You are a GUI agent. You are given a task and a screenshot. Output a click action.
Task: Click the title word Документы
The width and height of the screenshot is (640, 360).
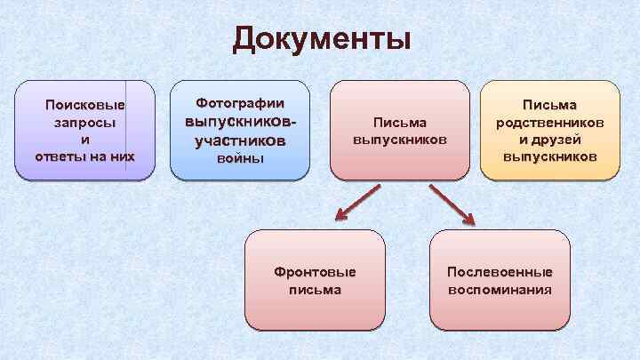click(x=322, y=39)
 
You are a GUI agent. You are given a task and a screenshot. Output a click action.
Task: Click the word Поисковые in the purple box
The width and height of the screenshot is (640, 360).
click(x=85, y=107)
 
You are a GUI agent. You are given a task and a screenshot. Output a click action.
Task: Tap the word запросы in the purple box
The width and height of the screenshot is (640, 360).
click(x=85, y=124)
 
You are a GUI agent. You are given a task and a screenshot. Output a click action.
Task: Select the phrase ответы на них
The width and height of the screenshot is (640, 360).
click(x=85, y=156)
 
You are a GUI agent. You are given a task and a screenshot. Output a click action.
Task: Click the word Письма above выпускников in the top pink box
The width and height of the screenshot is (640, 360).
click(x=399, y=123)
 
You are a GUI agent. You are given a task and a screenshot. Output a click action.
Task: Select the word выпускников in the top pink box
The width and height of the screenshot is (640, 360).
click(x=399, y=140)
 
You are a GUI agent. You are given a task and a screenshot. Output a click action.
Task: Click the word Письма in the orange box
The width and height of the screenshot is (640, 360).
click(x=548, y=106)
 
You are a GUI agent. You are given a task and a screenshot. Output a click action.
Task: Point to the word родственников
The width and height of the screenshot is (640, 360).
click(x=548, y=123)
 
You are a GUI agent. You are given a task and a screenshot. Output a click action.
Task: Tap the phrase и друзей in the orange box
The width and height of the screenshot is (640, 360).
click(x=548, y=140)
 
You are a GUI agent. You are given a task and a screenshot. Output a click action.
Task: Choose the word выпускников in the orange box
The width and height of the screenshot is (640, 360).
click(x=548, y=156)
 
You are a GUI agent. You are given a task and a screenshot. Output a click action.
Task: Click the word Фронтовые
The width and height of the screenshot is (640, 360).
click(x=315, y=272)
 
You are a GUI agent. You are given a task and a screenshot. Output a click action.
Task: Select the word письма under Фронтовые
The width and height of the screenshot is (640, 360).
click(x=315, y=289)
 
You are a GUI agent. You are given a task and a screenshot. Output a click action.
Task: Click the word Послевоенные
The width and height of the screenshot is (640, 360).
click(x=500, y=272)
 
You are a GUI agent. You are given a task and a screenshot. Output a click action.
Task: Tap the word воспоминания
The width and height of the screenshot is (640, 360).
click(x=500, y=289)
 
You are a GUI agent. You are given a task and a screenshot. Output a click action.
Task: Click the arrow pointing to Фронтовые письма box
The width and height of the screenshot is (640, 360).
click(x=356, y=203)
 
